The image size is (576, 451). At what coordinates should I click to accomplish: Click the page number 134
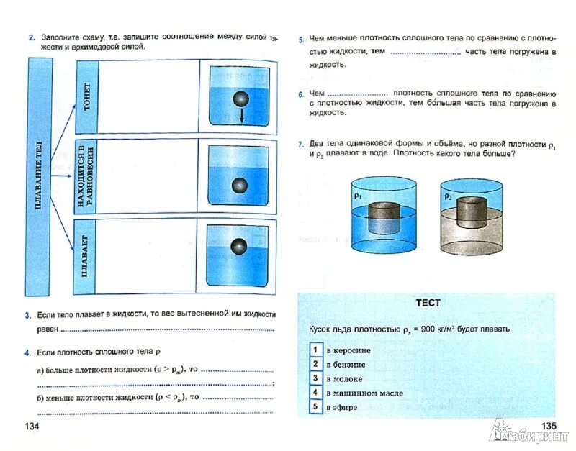point(32,427)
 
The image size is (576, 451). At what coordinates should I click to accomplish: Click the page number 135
point(549,427)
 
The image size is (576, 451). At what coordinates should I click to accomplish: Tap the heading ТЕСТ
point(428,303)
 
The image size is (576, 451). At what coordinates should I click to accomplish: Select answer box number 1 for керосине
point(315,349)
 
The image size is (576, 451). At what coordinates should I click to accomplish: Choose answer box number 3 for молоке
point(315,378)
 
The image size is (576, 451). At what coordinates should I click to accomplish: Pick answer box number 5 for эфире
point(315,407)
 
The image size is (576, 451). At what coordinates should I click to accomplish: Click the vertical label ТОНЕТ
point(86,96)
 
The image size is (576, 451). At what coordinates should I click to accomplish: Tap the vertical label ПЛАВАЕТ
point(85,255)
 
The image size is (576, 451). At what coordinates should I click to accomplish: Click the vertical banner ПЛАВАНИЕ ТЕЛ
point(37,176)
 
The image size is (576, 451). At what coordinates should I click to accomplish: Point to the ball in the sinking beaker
point(240,99)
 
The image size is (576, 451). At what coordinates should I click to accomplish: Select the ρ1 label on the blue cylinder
point(358,195)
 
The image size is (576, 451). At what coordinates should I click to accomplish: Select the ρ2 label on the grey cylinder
point(447,196)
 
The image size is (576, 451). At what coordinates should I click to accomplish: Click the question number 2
point(32,35)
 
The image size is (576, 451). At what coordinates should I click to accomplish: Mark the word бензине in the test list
point(348,364)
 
